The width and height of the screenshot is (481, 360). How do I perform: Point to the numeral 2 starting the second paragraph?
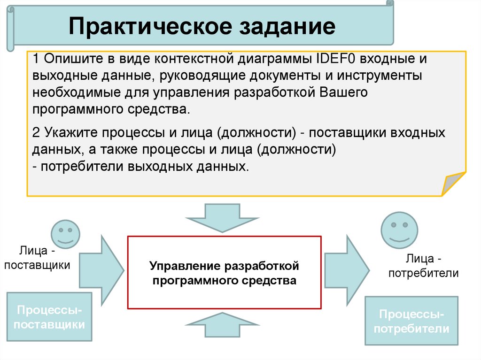36,133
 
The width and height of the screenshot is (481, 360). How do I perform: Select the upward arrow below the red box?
220,325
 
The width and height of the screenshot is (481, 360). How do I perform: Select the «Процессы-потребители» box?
411,321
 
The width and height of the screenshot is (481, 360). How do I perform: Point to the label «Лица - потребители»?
423,265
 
